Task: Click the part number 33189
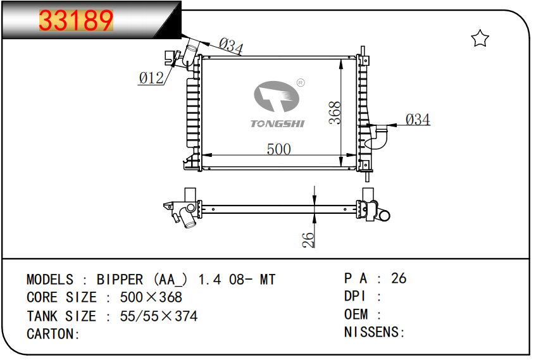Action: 76,21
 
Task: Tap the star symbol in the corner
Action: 480,39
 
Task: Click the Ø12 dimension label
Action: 151,78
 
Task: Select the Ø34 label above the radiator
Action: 231,46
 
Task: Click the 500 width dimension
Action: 278,149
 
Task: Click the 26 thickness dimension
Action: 308,239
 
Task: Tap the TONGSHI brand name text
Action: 277,123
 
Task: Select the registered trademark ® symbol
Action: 301,83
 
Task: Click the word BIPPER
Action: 120,279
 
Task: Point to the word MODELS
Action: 50,279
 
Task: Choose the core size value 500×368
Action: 151,297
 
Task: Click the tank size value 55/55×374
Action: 158,316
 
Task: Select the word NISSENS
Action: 372,332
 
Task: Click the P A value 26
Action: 399,278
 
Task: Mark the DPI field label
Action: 355,296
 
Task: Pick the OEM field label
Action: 355,314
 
